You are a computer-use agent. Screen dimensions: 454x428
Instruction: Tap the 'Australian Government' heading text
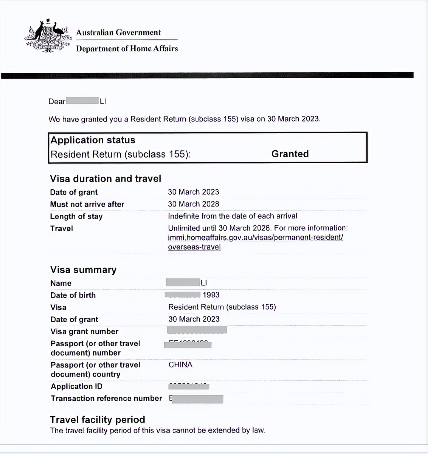(118, 32)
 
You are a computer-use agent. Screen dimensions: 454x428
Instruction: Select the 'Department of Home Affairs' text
(127, 49)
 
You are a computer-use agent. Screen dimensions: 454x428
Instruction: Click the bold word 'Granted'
(290, 154)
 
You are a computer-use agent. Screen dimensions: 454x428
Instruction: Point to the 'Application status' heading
(93, 140)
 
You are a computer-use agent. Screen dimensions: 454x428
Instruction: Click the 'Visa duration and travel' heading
(106, 179)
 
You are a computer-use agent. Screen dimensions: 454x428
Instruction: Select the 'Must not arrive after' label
(87, 204)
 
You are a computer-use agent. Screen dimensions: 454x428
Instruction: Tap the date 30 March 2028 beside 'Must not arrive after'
(193, 204)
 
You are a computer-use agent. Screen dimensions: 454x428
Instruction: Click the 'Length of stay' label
(76, 216)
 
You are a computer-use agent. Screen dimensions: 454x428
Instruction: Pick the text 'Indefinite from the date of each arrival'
(232, 216)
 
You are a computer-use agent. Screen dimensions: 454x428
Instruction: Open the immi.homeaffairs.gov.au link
(255, 238)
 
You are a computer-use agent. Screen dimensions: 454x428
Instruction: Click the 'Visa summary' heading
(83, 270)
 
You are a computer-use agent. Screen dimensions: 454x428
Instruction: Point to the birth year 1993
(211, 295)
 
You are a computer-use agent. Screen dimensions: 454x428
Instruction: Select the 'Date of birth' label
(73, 295)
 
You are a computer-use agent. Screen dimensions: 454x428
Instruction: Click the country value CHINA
(180, 365)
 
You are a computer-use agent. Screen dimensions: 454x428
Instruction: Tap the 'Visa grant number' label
(84, 331)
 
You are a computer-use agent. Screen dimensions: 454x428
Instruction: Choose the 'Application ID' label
(77, 386)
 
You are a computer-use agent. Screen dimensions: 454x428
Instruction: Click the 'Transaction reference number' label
(106, 398)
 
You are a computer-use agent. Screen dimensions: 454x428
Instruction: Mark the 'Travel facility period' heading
(97, 420)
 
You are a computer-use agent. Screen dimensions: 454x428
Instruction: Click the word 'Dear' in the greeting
(57, 102)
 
